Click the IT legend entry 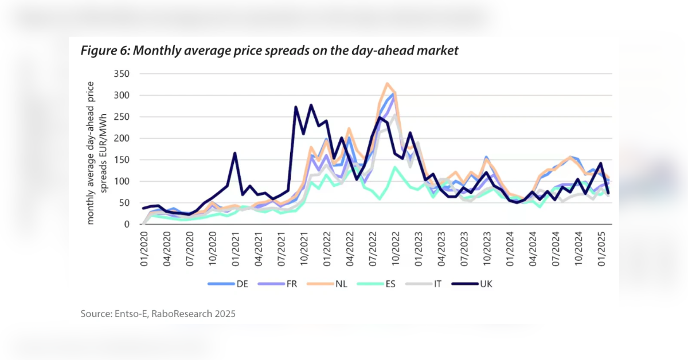click(x=423, y=284)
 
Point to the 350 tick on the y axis click(x=123, y=74)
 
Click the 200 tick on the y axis click(x=123, y=138)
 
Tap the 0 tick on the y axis click(x=127, y=224)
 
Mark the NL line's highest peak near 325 click(x=388, y=84)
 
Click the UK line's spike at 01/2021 click(x=235, y=153)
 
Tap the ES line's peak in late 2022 click(x=394, y=167)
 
